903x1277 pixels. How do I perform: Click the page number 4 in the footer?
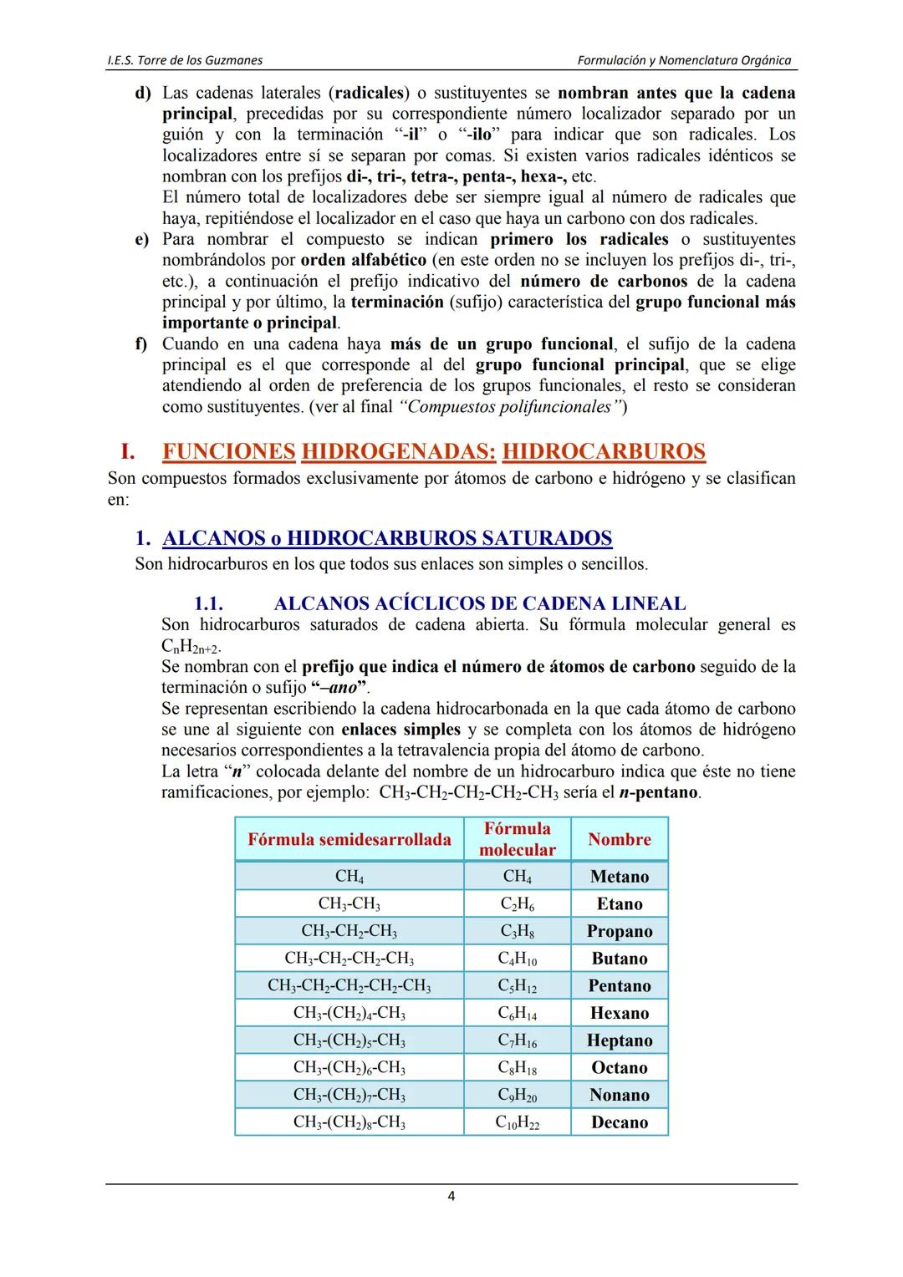click(x=451, y=1196)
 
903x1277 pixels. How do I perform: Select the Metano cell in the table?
click(x=620, y=876)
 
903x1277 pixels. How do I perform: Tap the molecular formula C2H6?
click(x=518, y=903)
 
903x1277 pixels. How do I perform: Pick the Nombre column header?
click(x=620, y=839)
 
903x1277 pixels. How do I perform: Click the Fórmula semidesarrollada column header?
click(x=349, y=839)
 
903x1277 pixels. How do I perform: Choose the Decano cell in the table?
click(x=620, y=1122)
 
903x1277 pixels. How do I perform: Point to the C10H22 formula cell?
click(x=518, y=1122)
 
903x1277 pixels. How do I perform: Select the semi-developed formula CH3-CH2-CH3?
click(x=349, y=931)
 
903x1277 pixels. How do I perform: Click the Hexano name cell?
click(x=620, y=1013)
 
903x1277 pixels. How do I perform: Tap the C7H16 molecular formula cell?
click(x=518, y=1040)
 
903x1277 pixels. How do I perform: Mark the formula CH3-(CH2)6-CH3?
click(x=349, y=1067)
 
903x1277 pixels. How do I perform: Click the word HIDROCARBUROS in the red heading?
click(x=604, y=451)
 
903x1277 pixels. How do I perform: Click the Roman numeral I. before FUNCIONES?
click(x=127, y=451)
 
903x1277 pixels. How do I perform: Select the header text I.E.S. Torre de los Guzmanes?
click(x=186, y=60)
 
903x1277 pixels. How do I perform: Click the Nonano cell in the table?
click(x=620, y=1095)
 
